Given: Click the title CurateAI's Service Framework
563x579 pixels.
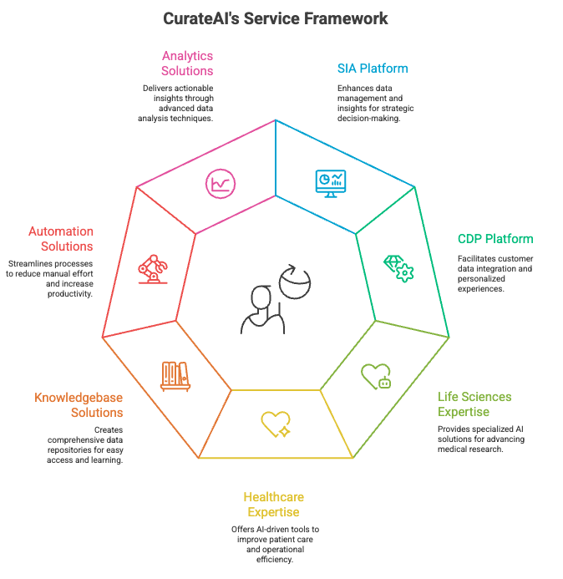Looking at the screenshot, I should point(281,18).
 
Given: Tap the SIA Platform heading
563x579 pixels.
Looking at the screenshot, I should point(373,68).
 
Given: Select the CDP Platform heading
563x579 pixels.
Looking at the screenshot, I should point(495,239).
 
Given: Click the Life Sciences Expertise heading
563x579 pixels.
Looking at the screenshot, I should point(474,404).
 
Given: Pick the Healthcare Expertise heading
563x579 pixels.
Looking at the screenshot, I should point(273,505).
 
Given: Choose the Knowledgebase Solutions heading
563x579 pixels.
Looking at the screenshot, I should point(79,405).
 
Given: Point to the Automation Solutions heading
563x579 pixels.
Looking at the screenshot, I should point(61,239).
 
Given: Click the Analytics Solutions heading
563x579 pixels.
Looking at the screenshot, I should point(187,63).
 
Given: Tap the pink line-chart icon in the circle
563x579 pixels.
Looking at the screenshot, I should point(221,184).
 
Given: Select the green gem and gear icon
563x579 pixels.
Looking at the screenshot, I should point(398,267).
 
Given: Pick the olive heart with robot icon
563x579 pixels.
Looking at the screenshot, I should point(376,376).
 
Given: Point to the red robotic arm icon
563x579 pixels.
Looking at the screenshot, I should point(152,269).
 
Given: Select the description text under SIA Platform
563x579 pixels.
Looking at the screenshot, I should point(375,103).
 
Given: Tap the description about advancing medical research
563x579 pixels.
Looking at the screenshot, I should point(481,439).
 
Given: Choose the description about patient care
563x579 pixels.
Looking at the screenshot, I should point(275,544).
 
